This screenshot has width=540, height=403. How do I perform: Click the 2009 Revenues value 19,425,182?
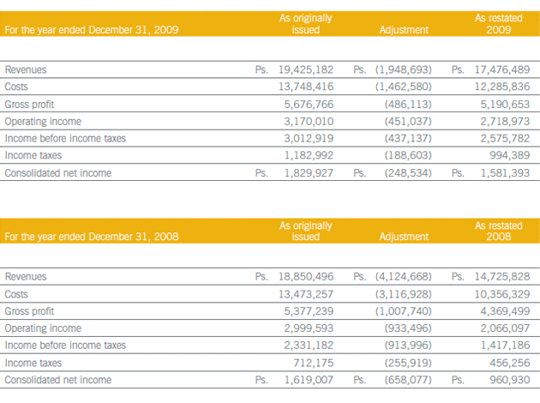[x=306, y=69]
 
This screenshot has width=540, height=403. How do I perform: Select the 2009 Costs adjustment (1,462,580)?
[x=403, y=87]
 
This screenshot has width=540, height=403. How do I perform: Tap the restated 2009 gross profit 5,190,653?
[x=505, y=104]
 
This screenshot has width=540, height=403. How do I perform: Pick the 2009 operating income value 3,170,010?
[x=309, y=121]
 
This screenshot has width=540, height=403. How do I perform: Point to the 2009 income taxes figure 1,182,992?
[x=309, y=155]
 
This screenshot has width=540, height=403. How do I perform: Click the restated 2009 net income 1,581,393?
[x=505, y=172]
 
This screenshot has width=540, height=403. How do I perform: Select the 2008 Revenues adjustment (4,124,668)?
[x=403, y=277]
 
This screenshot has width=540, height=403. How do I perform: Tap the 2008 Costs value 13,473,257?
[x=306, y=294]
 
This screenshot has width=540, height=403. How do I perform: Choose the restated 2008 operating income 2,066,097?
[x=505, y=328]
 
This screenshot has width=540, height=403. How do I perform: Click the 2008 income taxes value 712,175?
[x=314, y=363]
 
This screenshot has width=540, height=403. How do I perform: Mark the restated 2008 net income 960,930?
[x=510, y=380]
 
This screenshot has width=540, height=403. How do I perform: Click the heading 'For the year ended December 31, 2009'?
[x=92, y=30]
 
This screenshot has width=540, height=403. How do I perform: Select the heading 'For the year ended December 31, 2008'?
[x=92, y=237]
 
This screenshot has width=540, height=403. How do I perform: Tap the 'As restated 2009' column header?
[x=499, y=24]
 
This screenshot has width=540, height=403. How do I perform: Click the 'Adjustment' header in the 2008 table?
[x=404, y=237]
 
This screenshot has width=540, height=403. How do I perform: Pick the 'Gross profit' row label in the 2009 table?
[x=29, y=105]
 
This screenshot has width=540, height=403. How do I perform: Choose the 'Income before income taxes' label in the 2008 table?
[x=65, y=346]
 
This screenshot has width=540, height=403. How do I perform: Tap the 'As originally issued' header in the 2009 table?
[x=306, y=24]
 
